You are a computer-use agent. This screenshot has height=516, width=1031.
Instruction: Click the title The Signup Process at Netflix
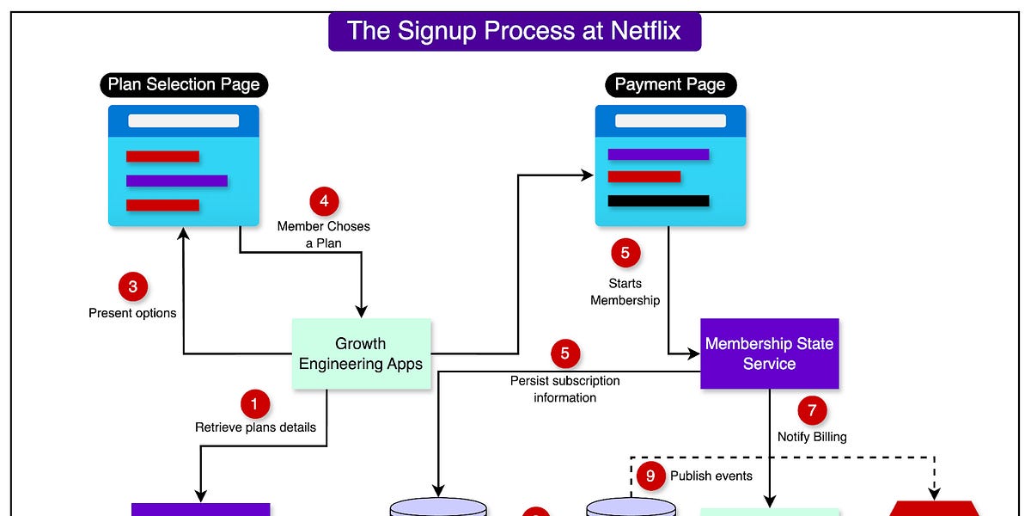[514, 32]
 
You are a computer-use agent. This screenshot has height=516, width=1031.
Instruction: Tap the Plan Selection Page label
[183, 84]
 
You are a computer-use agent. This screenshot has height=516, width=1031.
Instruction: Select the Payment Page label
[670, 84]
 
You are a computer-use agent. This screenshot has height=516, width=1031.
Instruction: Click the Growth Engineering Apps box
[361, 353]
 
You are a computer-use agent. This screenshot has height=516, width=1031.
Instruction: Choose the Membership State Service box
[769, 353]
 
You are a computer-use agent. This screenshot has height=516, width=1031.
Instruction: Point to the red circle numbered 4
[324, 202]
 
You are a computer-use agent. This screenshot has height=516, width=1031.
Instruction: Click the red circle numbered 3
[132, 286]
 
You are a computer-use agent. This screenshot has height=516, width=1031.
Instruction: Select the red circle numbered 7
[812, 410]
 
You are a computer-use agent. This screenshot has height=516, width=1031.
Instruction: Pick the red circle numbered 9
[651, 476]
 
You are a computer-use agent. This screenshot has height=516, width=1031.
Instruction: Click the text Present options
[132, 313]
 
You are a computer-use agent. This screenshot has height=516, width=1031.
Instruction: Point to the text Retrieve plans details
[255, 427]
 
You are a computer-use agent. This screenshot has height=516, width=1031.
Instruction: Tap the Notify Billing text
[812, 437]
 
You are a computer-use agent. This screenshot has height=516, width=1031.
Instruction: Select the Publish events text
[711, 476]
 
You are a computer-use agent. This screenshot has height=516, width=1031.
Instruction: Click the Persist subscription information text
[564, 389]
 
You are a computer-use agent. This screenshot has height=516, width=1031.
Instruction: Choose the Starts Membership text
[625, 292]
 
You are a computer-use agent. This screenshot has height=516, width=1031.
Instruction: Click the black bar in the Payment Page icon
[658, 201]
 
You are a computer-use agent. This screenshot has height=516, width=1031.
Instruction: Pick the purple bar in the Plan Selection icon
[176, 181]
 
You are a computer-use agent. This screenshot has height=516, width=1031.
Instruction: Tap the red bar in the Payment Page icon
[644, 177]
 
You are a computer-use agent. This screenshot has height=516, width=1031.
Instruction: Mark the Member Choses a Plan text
[324, 234]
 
